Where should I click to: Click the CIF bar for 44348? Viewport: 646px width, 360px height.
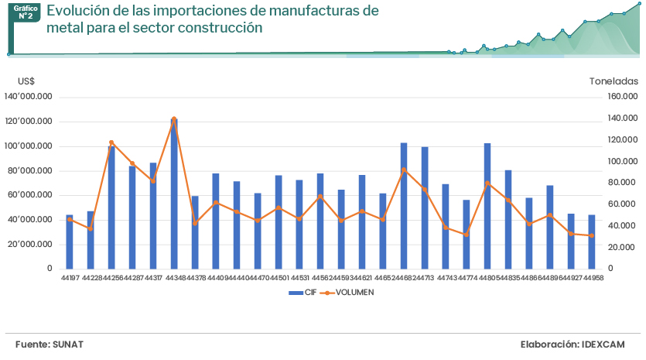(174, 194)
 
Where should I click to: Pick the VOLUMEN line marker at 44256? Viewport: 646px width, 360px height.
(111, 142)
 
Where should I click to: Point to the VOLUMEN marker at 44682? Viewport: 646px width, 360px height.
(404, 170)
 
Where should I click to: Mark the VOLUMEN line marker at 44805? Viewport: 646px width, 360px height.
(487, 183)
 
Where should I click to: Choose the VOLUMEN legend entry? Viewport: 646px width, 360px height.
(354, 293)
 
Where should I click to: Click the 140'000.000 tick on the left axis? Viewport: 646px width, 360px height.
(28, 97)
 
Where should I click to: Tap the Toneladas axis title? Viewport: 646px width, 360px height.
(614, 81)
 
